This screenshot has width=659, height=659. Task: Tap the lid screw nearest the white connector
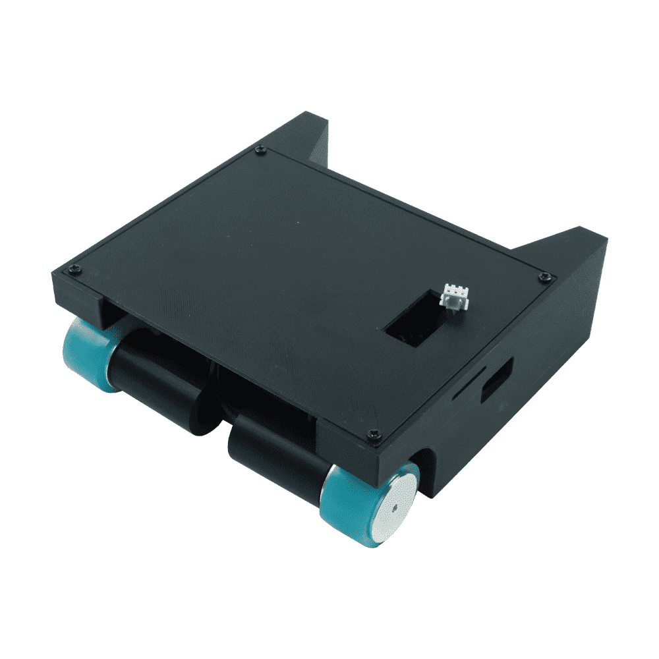click(x=544, y=277)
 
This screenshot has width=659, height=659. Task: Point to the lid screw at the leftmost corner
click(x=74, y=269)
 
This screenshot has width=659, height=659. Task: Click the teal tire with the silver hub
click(x=349, y=504)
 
